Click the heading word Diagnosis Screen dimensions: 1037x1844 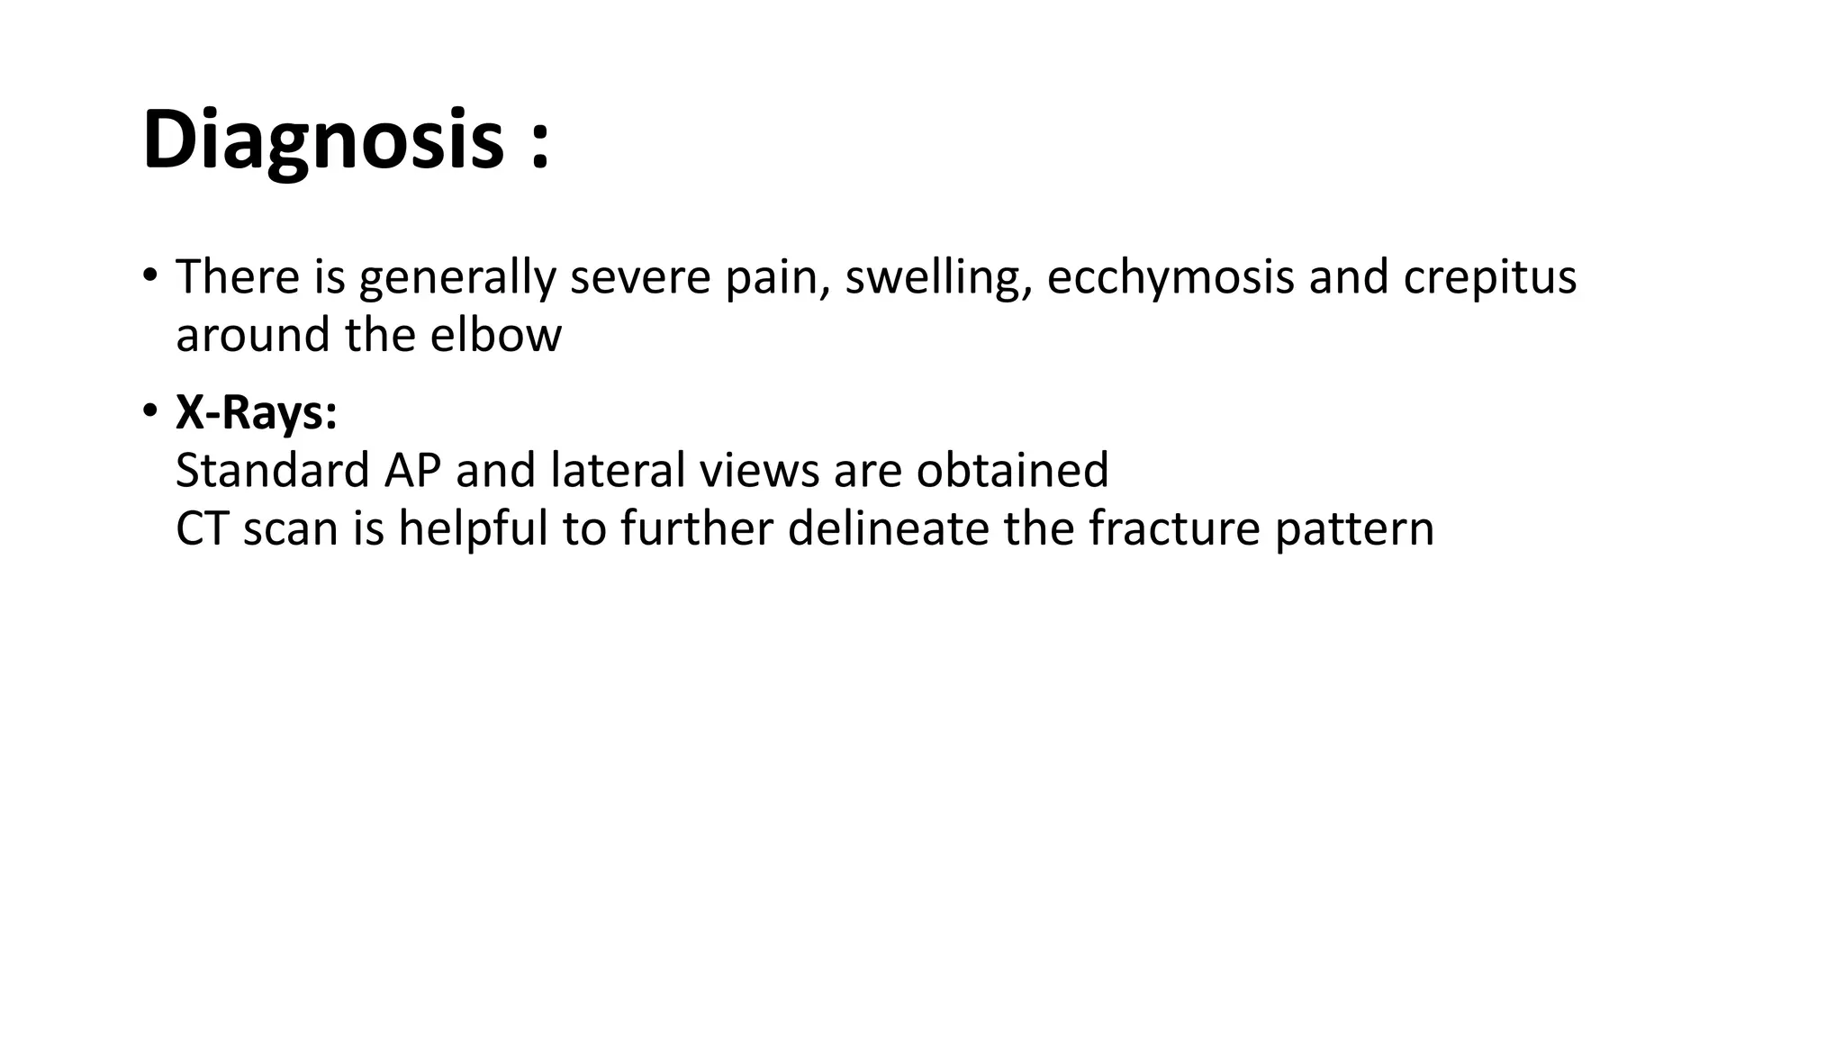(322, 140)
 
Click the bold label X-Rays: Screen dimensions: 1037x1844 (257, 413)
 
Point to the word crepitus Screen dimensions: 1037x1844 (1489, 277)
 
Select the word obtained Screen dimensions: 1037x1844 (1012, 471)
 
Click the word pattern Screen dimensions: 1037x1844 (1353, 528)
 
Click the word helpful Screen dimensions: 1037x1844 (473, 528)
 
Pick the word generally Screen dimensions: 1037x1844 (457, 277)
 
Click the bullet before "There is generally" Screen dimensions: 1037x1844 (149, 274)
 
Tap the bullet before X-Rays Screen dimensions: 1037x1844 (149, 411)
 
